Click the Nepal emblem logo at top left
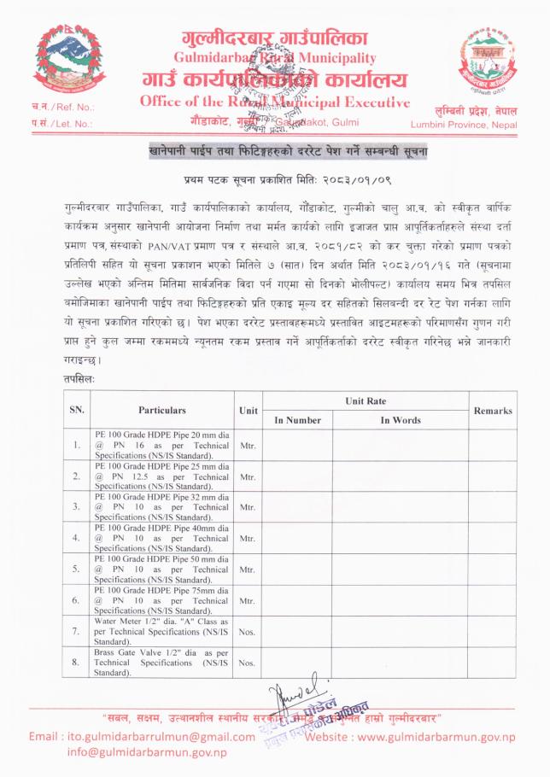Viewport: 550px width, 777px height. click(x=65, y=61)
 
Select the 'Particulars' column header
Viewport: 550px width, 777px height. click(x=161, y=410)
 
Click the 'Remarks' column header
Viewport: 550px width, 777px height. click(x=492, y=411)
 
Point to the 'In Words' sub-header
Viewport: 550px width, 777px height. click(x=400, y=420)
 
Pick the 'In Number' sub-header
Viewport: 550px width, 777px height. click(x=297, y=420)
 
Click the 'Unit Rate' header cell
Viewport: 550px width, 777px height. click(x=366, y=400)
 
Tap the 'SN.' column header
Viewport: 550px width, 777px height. click(x=77, y=410)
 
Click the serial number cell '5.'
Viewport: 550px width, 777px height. click(x=77, y=569)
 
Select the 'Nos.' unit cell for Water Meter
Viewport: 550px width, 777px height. click(x=248, y=632)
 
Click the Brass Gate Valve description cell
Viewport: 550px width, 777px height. click(x=161, y=663)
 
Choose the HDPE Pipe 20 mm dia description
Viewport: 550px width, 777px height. click(x=161, y=444)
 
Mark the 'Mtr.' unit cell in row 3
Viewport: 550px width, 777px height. click(x=248, y=506)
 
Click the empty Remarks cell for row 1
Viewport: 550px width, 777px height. click(x=492, y=444)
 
